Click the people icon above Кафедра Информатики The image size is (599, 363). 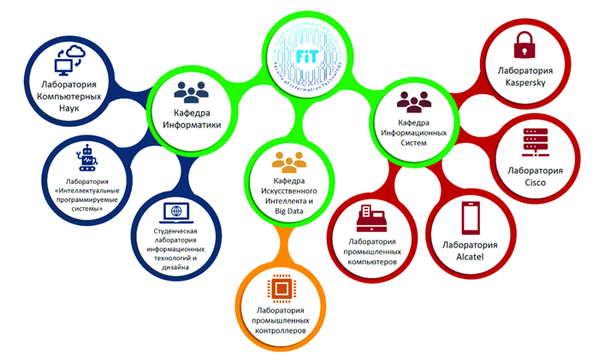(x=192, y=93)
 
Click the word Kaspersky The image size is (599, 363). (x=522, y=82)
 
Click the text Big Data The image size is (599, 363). (x=288, y=210)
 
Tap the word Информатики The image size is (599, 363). (x=193, y=125)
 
